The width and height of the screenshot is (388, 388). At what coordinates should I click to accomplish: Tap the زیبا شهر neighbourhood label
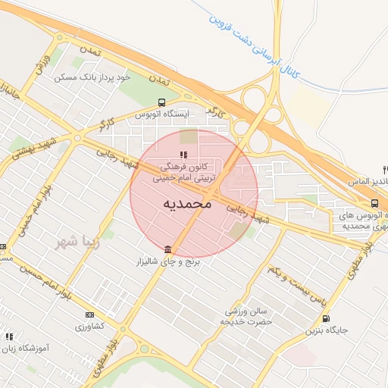(x=75, y=242)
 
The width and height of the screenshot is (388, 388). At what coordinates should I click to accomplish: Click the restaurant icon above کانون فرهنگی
(x=182, y=155)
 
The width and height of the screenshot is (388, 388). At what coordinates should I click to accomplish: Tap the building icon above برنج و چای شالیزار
(x=167, y=249)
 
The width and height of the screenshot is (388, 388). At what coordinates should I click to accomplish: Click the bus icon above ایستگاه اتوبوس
(x=161, y=102)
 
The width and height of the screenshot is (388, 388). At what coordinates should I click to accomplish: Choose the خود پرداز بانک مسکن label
(x=93, y=77)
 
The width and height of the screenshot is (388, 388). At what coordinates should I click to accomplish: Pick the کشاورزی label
(x=110, y=325)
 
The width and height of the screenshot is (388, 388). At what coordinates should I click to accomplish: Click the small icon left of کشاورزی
(x=89, y=314)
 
